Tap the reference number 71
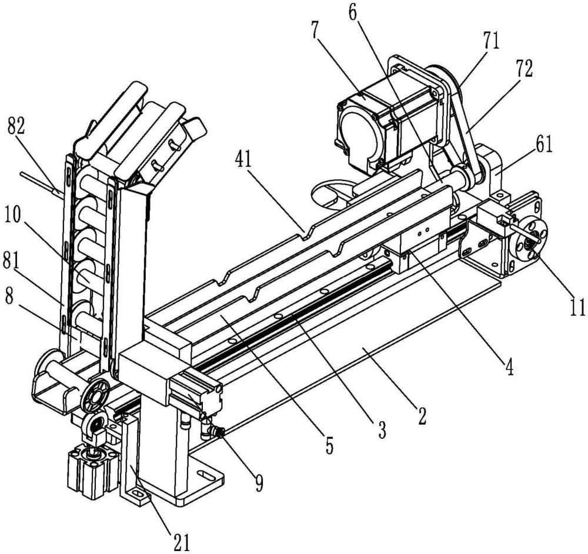489,42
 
